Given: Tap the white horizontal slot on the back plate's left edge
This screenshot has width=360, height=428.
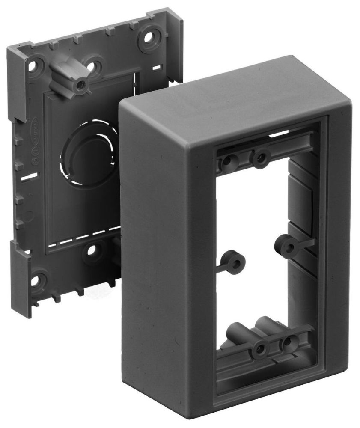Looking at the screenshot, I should click(x=28, y=175).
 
